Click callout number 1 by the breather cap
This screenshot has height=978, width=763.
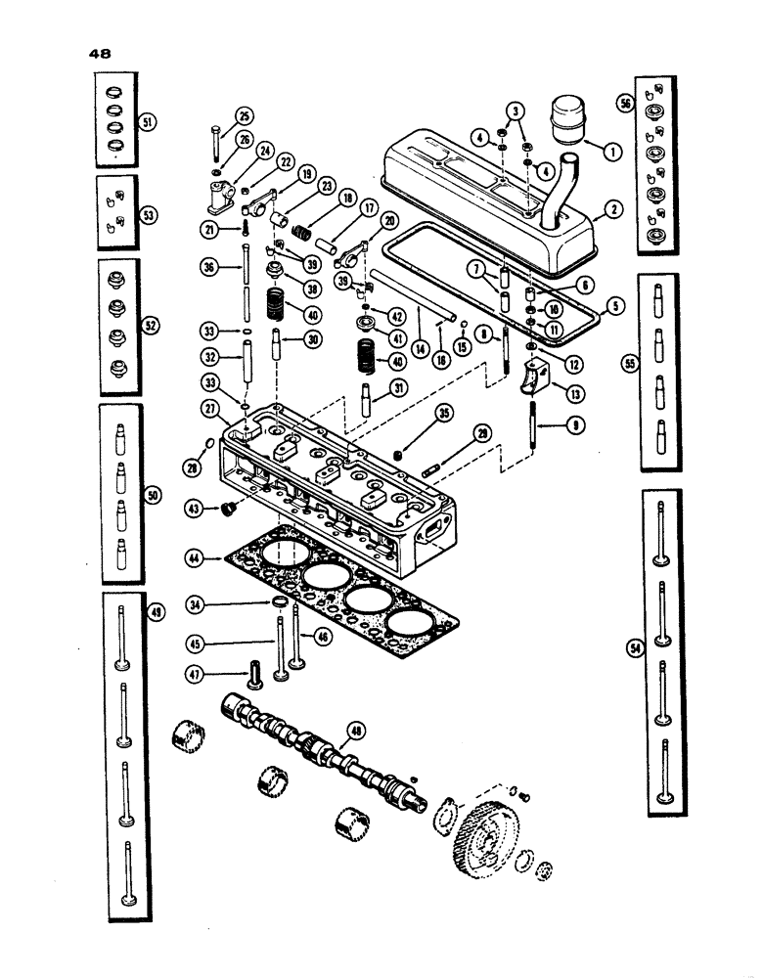pyautogui.click(x=612, y=152)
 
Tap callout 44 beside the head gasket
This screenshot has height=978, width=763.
pyautogui.click(x=197, y=558)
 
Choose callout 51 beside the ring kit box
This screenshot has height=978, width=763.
pyautogui.click(x=149, y=122)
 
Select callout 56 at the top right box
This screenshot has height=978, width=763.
pyautogui.click(x=627, y=101)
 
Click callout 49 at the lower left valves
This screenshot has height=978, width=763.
pyautogui.click(x=158, y=612)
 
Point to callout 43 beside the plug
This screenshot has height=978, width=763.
pyautogui.click(x=196, y=508)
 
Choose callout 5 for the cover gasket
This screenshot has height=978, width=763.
pyautogui.click(x=615, y=304)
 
